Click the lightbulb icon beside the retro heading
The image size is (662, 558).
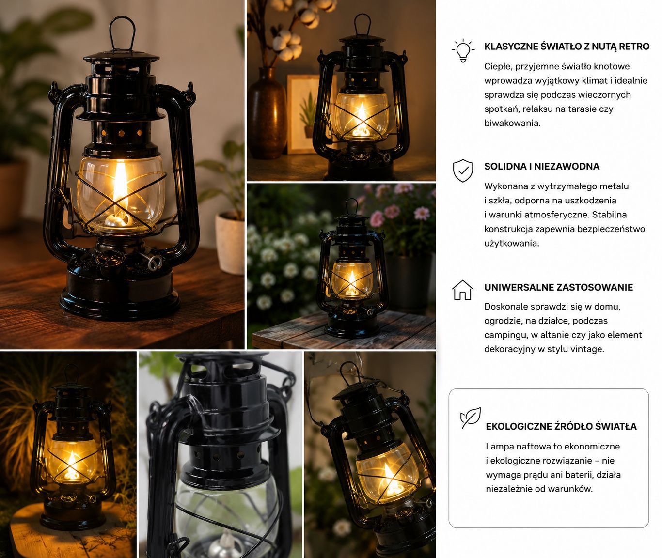463,51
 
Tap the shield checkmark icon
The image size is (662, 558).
463,170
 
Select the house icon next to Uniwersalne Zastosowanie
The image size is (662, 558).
462,290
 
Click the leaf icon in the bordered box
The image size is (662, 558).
471,418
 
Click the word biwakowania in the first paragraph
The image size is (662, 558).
512,123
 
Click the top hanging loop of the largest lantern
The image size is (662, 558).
122,33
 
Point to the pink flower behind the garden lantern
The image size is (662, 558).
422,213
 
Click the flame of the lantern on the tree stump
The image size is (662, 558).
72,465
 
